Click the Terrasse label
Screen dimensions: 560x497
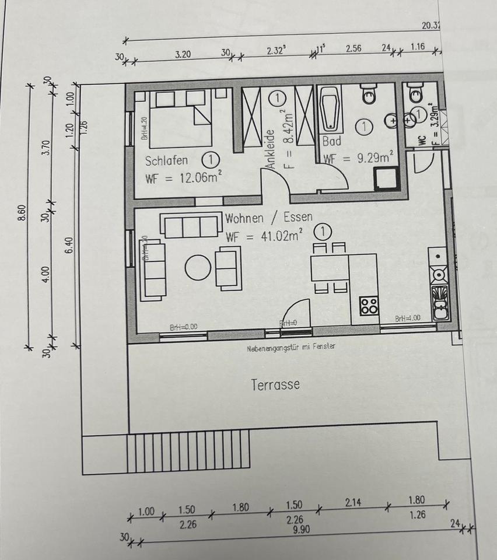tap(275, 385)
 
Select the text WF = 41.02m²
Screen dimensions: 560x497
tap(264, 237)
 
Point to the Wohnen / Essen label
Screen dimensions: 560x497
tap(268, 218)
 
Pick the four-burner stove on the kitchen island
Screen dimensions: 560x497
tap(369, 306)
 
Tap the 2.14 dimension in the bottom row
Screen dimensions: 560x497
tap(353, 502)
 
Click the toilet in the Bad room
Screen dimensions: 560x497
tap(369, 94)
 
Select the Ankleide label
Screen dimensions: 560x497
tap(271, 150)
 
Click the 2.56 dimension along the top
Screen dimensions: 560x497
tap(353, 49)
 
